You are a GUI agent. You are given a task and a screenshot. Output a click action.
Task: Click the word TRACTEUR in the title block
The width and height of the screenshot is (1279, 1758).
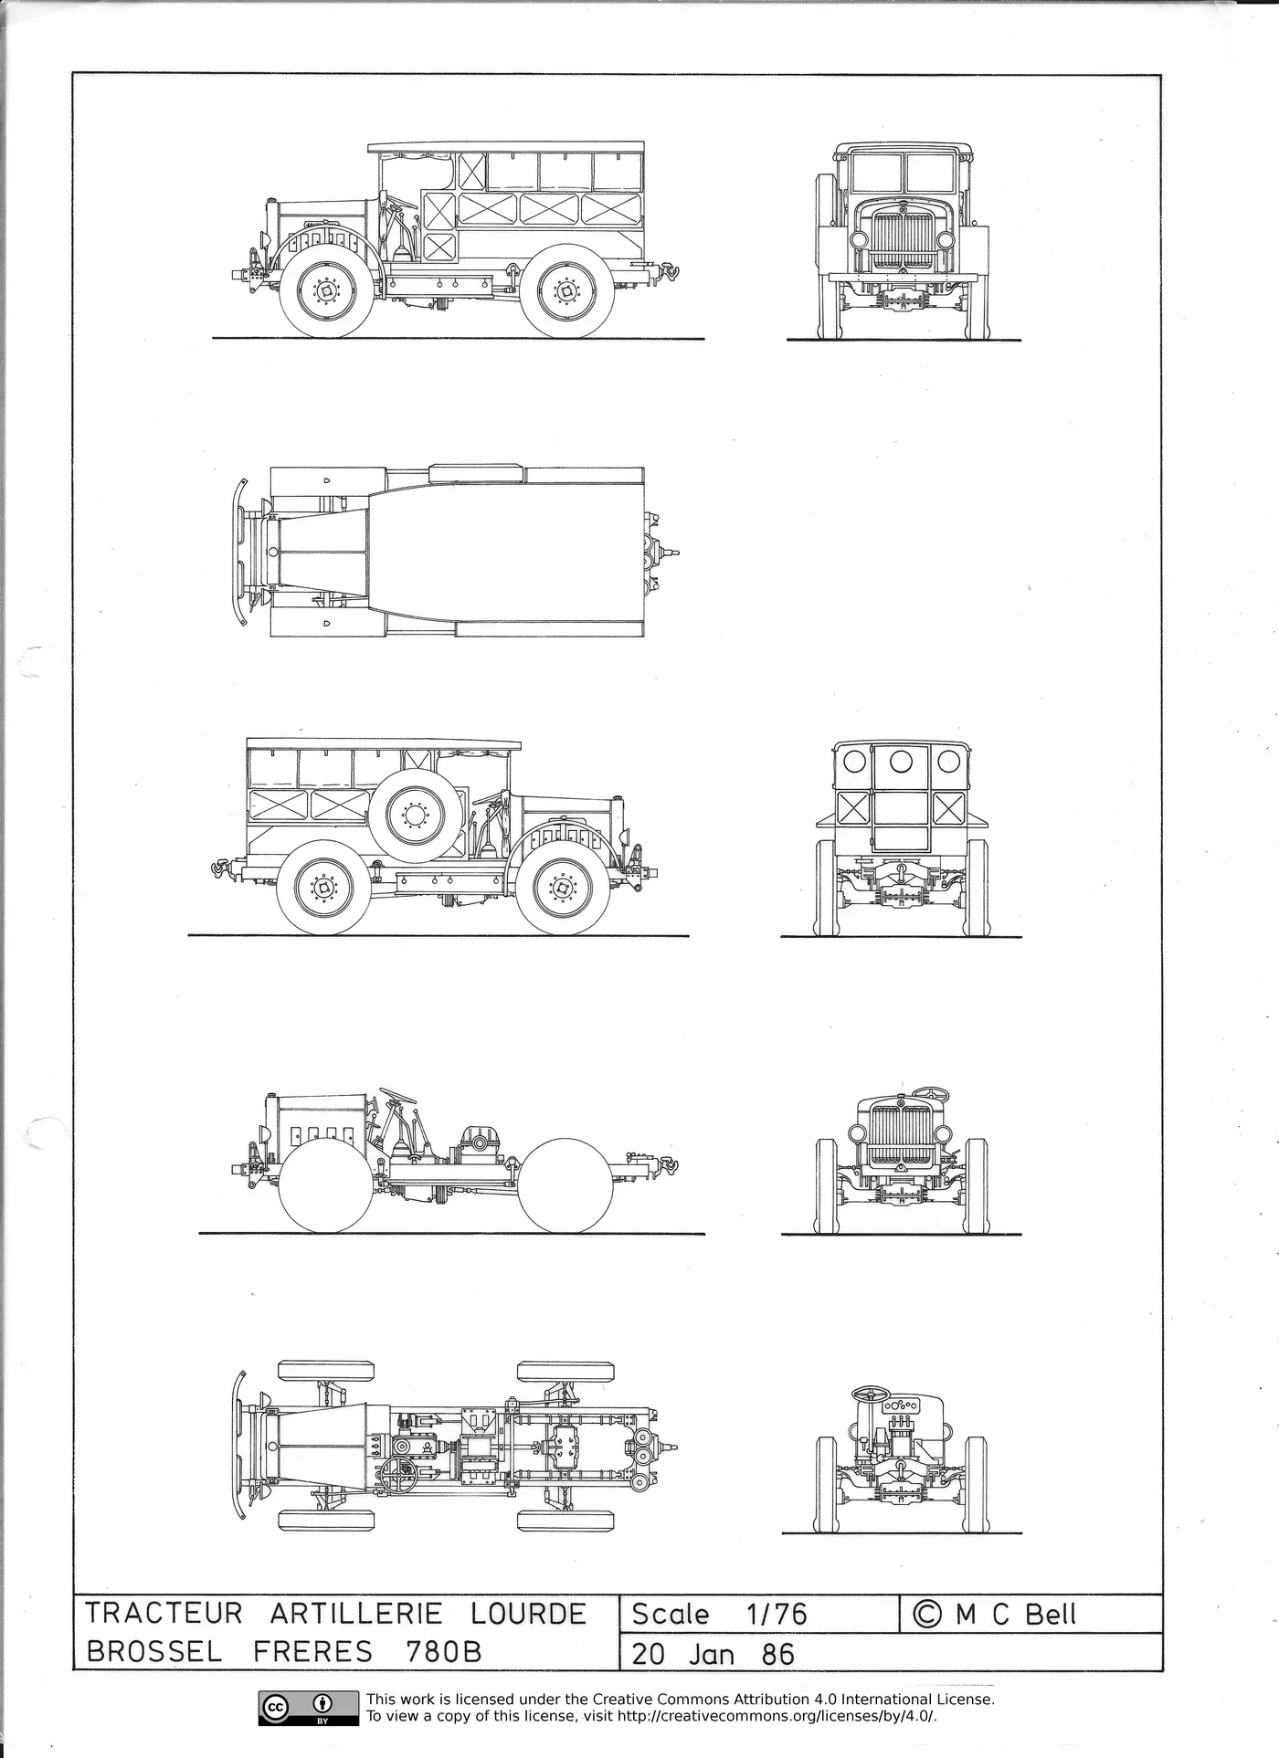[164, 1614]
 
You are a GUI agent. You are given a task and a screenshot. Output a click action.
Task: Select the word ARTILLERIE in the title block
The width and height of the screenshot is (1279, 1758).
[355, 1614]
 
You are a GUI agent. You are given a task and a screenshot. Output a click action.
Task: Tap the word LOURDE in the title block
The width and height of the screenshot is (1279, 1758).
[528, 1614]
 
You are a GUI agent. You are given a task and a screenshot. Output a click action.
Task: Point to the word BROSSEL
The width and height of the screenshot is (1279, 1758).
[153, 1652]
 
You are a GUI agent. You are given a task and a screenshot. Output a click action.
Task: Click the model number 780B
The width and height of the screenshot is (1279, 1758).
[442, 1652]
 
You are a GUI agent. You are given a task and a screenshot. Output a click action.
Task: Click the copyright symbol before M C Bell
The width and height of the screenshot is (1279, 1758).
[927, 1615]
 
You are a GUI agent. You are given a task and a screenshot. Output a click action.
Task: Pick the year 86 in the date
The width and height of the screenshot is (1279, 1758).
[777, 1654]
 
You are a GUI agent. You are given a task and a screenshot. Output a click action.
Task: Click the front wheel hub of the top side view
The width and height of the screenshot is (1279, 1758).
[326, 291]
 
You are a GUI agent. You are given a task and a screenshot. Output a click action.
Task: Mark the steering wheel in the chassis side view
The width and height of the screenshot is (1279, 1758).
[397, 1094]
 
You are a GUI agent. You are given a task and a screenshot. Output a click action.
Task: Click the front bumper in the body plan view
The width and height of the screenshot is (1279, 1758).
[240, 553]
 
